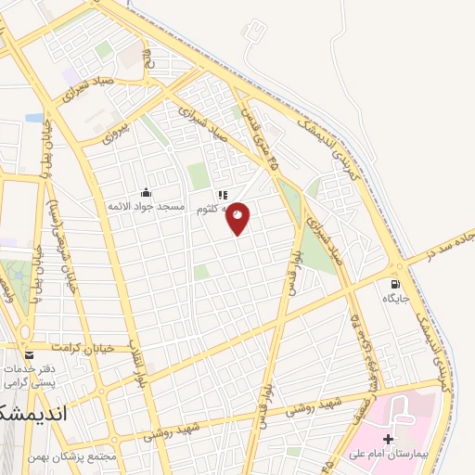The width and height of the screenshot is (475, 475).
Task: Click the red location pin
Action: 238,217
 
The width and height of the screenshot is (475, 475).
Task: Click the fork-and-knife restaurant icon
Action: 222,196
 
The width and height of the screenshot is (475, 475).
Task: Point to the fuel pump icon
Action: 397,284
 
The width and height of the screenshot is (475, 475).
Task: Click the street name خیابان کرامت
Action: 83,347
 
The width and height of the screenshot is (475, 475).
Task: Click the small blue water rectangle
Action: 34,118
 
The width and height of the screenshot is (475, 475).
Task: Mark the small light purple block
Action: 69,73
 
